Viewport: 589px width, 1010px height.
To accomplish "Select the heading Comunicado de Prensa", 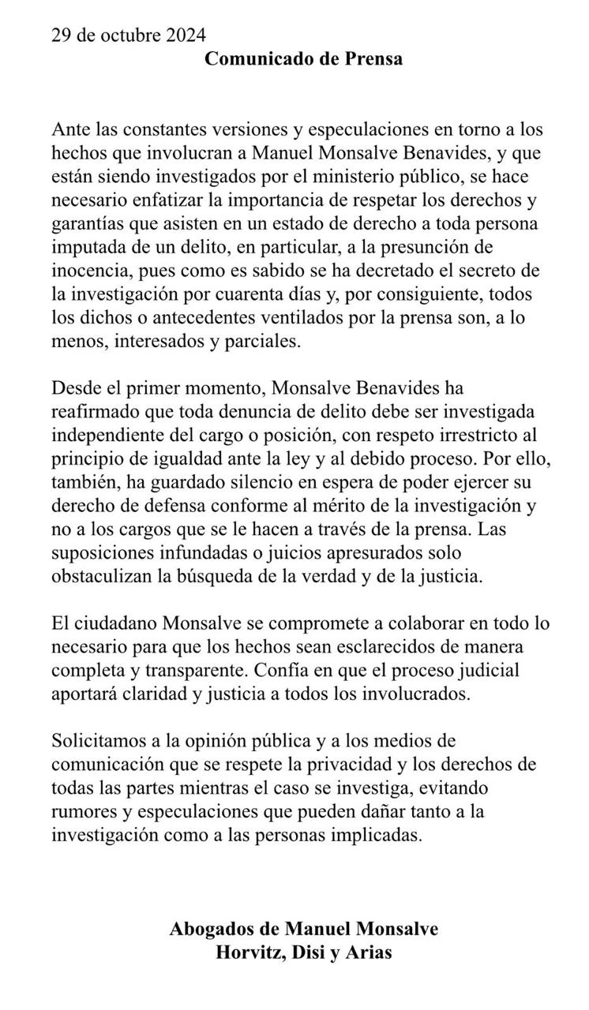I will tap(304, 59).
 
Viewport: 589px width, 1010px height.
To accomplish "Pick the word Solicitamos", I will tap(103, 742).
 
